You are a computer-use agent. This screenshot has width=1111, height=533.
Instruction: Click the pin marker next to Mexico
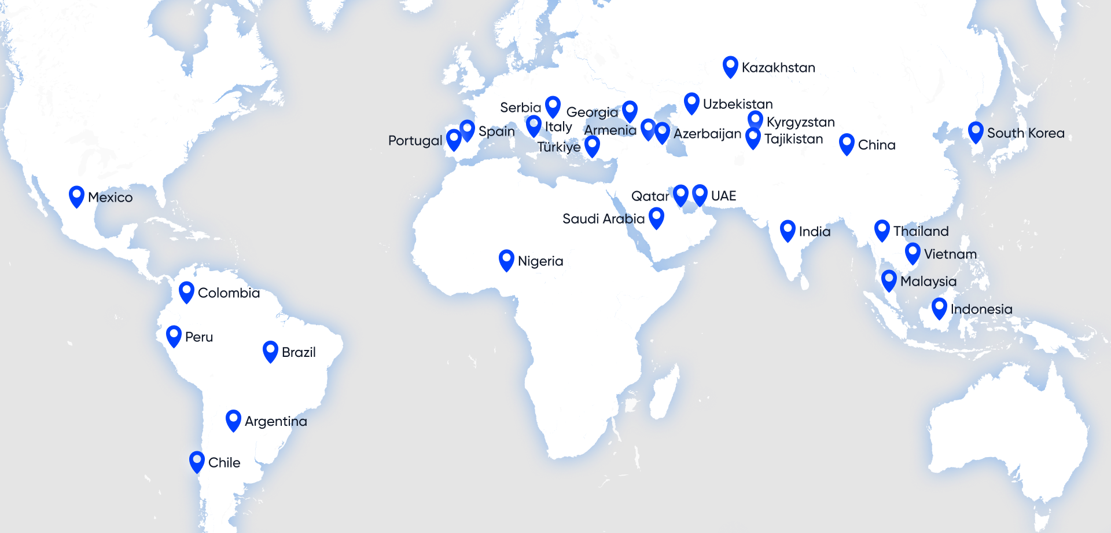pyautogui.click(x=76, y=196)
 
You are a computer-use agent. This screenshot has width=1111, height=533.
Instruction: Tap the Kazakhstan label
pyautogui.click(x=778, y=68)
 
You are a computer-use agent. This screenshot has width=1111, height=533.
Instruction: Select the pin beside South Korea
pyautogui.click(x=976, y=132)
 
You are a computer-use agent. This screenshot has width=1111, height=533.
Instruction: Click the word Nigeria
pyautogui.click(x=540, y=261)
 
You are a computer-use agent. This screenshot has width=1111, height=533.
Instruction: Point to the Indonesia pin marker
pyautogui.click(x=939, y=308)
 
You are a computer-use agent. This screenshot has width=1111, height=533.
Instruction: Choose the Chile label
pyautogui.click(x=224, y=463)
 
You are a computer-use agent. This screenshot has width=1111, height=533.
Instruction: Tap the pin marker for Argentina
pyautogui.click(x=233, y=419)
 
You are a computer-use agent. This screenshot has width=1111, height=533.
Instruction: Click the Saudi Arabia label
pyautogui.click(x=603, y=219)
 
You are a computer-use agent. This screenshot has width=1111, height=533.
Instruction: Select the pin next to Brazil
pyautogui.click(x=270, y=351)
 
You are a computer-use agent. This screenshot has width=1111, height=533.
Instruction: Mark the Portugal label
pyautogui.click(x=415, y=141)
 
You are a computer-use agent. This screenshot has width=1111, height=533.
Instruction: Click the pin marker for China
pyautogui.click(x=847, y=143)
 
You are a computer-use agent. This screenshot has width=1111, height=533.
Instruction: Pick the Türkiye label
pyautogui.click(x=558, y=147)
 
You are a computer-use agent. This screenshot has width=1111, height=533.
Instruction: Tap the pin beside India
pyautogui.click(x=788, y=230)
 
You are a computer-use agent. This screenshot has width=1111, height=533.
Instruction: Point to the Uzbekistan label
pyautogui.click(x=738, y=104)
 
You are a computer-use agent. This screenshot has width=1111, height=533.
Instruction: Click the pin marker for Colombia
pyautogui.click(x=186, y=291)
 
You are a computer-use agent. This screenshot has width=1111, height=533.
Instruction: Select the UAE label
pyautogui.click(x=723, y=196)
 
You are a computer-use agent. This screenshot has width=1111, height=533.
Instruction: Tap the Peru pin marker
pyautogui.click(x=174, y=335)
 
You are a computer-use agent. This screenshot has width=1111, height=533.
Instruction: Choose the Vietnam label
pyautogui.click(x=950, y=254)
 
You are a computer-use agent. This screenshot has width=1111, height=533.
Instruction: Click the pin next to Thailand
pyautogui.click(x=882, y=229)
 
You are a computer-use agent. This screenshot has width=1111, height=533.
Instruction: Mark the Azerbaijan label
pyautogui.click(x=707, y=134)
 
